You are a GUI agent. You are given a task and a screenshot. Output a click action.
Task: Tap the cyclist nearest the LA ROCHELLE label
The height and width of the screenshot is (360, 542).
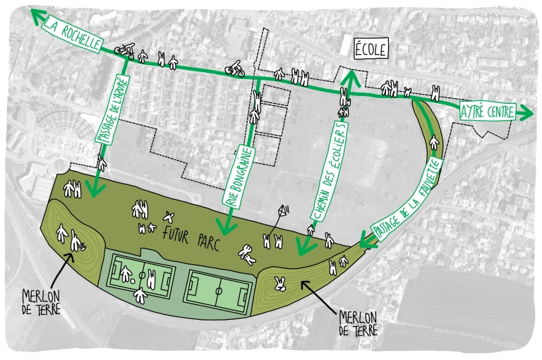[126, 50]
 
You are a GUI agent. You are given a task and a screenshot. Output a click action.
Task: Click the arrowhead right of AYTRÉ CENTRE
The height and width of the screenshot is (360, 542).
[526, 113]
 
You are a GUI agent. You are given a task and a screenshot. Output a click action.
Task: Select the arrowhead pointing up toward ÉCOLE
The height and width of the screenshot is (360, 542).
[347, 76]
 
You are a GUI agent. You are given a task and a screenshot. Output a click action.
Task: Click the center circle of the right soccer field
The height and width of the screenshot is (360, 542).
[219, 289]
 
